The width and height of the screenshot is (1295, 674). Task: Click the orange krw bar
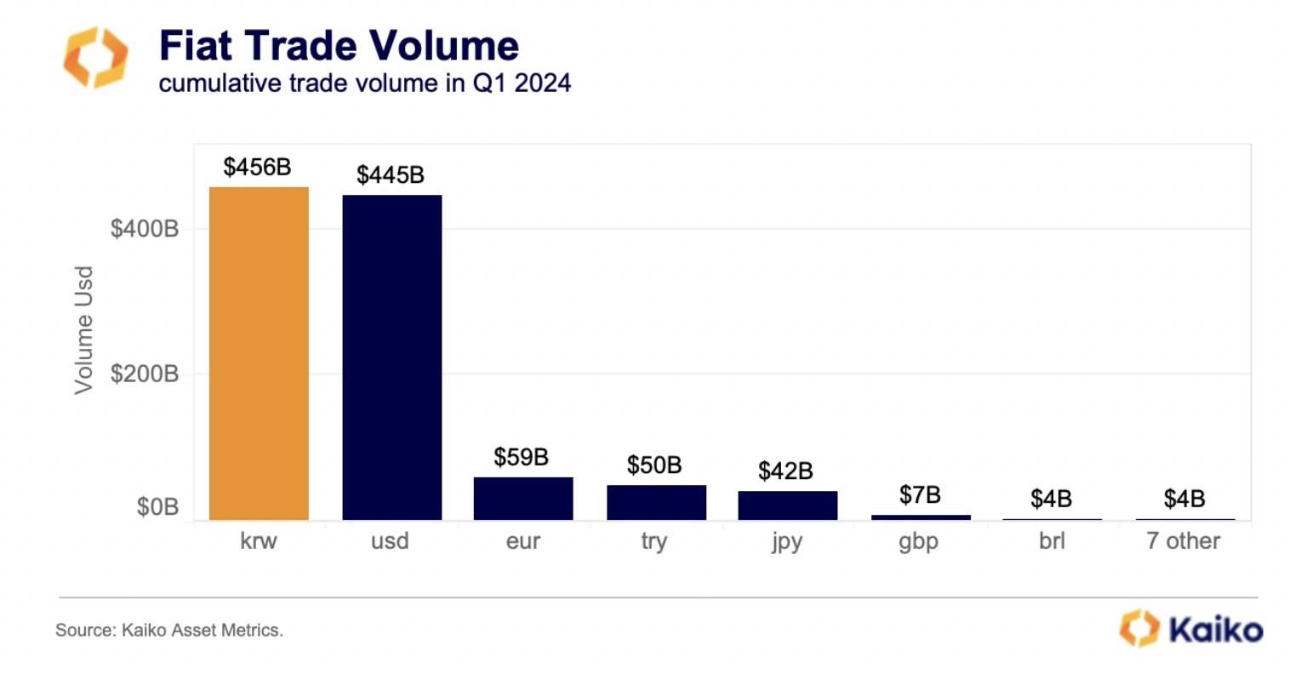click(259, 353)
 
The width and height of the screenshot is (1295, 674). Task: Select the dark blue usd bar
click(391, 357)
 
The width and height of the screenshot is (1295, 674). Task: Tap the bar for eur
click(523, 498)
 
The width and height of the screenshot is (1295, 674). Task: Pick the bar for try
click(656, 502)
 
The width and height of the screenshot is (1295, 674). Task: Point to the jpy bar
click(787, 505)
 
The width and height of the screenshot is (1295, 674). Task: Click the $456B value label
click(257, 167)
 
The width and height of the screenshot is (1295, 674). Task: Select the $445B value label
click(391, 175)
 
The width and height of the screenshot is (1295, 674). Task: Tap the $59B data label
click(521, 457)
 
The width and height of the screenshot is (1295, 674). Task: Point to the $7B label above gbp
click(920, 494)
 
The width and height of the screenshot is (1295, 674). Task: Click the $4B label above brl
click(1051, 499)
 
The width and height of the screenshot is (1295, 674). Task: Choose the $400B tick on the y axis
click(145, 229)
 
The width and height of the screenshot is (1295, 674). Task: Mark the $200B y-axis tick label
click(145, 374)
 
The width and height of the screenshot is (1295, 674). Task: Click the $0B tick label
click(157, 507)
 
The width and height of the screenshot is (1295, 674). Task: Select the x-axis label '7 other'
click(1183, 541)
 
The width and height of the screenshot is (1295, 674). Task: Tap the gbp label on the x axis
click(918, 542)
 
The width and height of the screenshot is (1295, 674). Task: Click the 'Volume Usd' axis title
click(83, 330)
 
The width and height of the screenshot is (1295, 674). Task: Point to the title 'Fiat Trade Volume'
click(339, 45)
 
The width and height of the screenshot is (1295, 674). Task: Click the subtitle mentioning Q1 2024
click(364, 83)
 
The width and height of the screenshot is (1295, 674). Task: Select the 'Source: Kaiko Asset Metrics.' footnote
click(169, 631)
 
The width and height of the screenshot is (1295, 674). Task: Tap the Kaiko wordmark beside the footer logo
click(1216, 630)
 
